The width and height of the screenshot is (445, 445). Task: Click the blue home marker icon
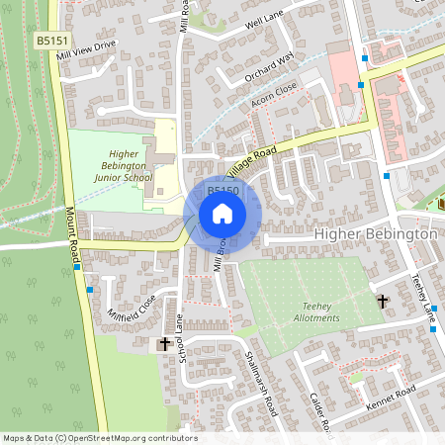[x=222, y=214]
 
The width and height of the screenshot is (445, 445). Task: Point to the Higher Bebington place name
[x=375, y=234]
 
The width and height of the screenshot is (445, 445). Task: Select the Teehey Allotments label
[x=316, y=311]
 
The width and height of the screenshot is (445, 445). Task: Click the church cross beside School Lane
[x=164, y=344]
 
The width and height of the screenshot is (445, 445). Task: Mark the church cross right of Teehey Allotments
[x=382, y=300]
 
